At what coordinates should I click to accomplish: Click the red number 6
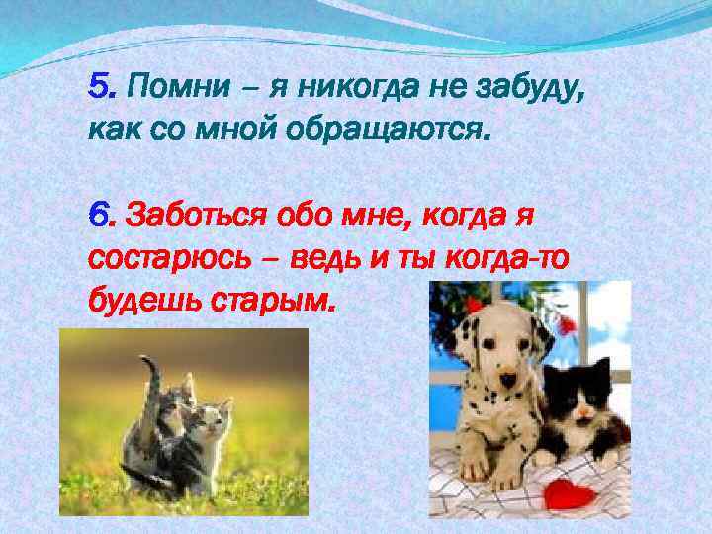98,213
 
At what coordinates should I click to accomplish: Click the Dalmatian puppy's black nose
506,379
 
